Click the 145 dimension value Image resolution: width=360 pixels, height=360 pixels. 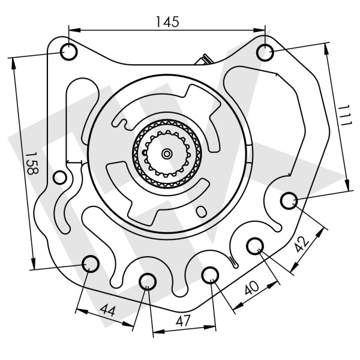[167, 22]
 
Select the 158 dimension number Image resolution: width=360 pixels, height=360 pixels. [31, 163]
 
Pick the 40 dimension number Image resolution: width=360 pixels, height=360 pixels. [251, 287]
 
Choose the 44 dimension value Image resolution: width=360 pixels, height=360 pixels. [107, 311]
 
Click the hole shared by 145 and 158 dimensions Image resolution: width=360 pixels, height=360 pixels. [69, 52]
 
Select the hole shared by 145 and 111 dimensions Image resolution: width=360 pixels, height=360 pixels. [265, 52]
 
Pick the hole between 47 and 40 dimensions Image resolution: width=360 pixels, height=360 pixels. [210, 275]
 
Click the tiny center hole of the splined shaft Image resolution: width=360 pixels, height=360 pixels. [166, 154]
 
